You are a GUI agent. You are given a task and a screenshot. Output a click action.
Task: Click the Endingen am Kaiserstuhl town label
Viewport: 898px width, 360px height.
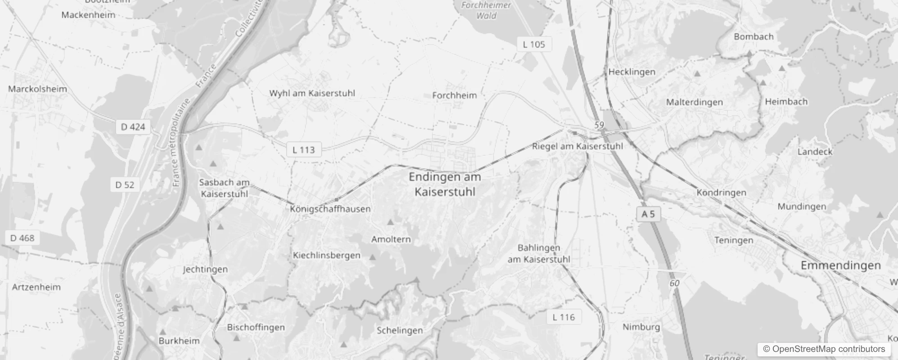pos(445,184)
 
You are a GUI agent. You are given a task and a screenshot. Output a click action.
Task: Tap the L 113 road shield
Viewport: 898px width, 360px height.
pos(304,150)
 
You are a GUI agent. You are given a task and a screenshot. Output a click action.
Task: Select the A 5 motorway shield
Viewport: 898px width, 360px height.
pos(648,214)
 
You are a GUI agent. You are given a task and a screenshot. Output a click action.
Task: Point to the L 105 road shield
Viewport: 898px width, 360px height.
pos(534,45)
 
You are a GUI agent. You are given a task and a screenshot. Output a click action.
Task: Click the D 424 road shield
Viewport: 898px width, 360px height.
pos(133,127)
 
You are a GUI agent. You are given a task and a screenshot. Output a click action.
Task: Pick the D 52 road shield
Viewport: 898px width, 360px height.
pos(125,185)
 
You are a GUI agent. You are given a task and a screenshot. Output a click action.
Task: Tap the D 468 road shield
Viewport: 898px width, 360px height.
pos(22,238)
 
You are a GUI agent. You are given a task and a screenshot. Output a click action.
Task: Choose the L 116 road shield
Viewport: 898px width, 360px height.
pos(563,317)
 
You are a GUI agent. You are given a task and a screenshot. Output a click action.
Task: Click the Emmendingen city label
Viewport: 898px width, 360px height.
pos(840,265)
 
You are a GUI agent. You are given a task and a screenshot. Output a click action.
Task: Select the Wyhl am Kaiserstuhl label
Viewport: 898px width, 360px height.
pos(312,94)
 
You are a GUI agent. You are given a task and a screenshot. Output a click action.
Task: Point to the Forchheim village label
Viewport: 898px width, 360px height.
pos(454,95)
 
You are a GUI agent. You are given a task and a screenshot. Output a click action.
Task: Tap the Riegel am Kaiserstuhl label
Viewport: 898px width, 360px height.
pos(577,146)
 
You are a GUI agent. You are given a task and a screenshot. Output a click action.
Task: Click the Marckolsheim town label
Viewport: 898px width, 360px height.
pos(37,89)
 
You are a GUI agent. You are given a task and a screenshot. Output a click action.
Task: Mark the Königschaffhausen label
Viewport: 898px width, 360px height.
pos(330,209)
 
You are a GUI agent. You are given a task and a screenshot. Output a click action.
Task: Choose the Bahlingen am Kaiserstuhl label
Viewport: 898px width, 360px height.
pos(539,254)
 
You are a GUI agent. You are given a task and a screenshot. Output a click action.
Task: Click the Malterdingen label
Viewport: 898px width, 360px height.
pos(694,103)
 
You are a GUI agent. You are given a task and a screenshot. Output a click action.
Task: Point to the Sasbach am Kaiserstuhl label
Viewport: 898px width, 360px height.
pos(224,188)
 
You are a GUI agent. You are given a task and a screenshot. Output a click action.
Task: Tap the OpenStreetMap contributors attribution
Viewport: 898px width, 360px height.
pos(824,349)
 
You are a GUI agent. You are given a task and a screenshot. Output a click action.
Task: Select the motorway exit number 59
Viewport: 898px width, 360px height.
pos(599,125)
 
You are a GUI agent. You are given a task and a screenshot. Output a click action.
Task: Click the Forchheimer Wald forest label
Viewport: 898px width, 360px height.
pos(486,10)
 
